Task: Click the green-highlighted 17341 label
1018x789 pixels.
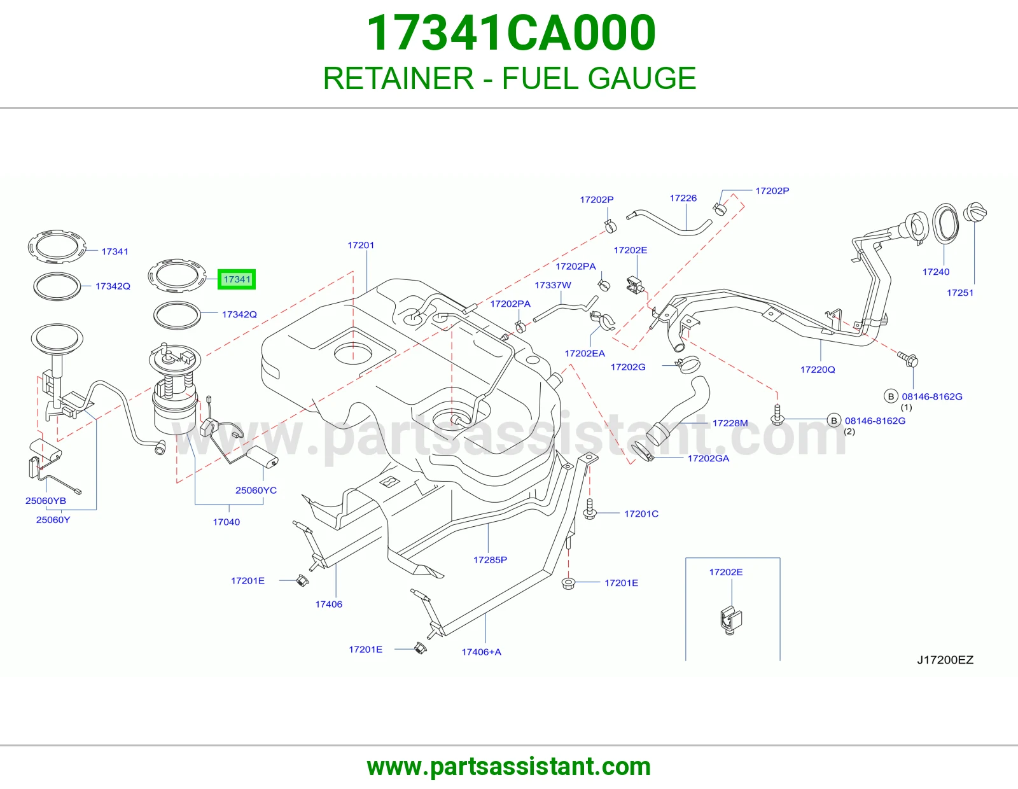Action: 237,279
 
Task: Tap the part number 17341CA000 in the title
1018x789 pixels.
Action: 511,33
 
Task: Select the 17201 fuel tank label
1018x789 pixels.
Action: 361,245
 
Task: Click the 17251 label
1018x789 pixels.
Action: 960,293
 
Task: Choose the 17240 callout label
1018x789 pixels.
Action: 935,272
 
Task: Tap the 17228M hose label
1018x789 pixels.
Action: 730,423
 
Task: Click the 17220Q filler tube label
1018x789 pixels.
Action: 818,370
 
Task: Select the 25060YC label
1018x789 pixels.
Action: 256,490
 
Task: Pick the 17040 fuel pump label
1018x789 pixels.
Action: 227,522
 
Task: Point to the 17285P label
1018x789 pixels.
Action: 490,560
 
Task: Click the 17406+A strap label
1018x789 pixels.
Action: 481,652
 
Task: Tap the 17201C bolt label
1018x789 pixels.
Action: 641,514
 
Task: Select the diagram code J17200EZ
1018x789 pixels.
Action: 945,660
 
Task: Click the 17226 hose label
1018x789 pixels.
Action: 683,198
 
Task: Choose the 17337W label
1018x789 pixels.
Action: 553,285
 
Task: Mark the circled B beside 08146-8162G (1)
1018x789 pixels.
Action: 891,396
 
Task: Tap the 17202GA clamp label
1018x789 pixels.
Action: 708,458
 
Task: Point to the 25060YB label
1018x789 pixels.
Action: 45,500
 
